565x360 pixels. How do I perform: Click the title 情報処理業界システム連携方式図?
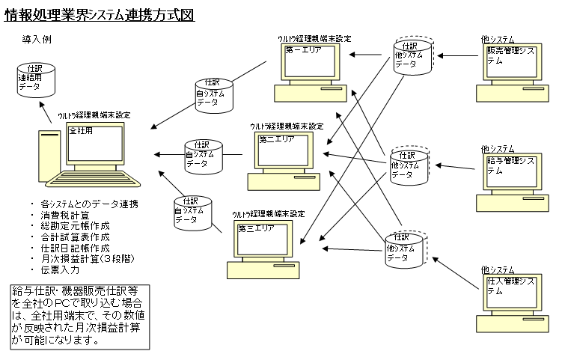tap(100, 15)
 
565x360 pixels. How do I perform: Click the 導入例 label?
tap(37, 39)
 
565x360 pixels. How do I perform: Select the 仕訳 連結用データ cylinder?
tap(36, 80)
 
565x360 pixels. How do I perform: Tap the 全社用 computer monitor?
tap(95, 144)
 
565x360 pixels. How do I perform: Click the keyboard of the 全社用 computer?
tap(93, 179)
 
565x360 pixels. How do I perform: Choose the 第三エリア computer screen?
tap(263, 239)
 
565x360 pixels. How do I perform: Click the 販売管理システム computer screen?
tap(512, 61)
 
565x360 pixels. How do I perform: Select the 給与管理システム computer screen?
tap(512, 171)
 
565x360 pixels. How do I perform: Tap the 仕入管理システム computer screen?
tap(512, 292)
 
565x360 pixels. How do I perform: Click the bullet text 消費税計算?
tap(65, 216)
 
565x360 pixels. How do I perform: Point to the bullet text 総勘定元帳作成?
tap(75, 226)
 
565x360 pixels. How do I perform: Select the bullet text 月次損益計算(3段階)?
tap(88, 259)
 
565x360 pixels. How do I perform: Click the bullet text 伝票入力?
tap(60, 270)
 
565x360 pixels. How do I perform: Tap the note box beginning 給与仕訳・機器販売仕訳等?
tap(79, 317)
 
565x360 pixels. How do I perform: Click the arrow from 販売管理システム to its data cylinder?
tap(458, 56)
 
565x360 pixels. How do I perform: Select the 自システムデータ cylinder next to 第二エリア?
tap(204, 157)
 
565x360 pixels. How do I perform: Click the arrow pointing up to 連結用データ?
tap(46, 112)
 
